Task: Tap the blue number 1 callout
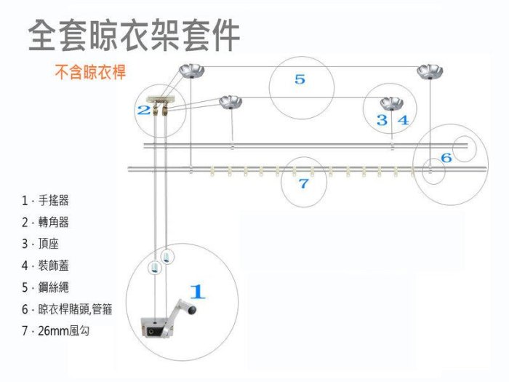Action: click(x=197, y=292)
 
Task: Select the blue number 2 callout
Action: click(x=144, y=110)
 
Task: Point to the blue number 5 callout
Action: click(x=300, y=79)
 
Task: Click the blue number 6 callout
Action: click(x=446, y=157)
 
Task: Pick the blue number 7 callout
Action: click(x=304, y=184)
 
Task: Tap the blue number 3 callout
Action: click(x=382, y=120)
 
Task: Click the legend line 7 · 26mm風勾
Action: click(x=59, y=331)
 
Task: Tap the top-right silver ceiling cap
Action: click(x=428, y=71)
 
